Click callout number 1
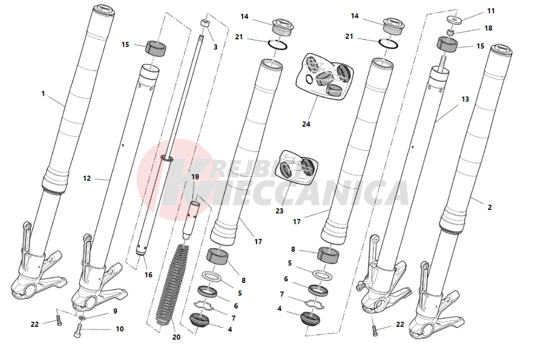pyautogui.click(x=43, y=94)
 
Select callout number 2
pyautogui.click(x=490, y=208)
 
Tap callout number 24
pyautogui.click(x=306, y=124)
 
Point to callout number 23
pyautogui.click(x=279, y=211)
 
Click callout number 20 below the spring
pyautogui.click(x=176, y=337)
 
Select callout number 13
pyautogui.click(x=465, y=99)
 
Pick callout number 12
pyautogui.click(x=87, y=178)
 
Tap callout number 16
pyautogui.click(x=148, y=275)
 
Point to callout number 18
pyautogui.click(x=488, y=28)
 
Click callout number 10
pyautogui.click(x=120, y=329)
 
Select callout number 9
pyautogui.click(x=115, y=311)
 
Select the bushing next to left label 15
pyautogui.click(x=156, y=48)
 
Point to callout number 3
pyautogui.click(x=215, y=47)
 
